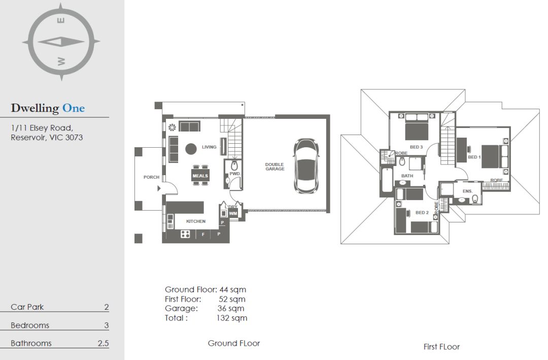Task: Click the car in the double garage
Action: click(x=306, y=166)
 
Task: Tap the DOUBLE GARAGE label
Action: click(x=275, y=167)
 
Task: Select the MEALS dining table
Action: click(x=200, y=175)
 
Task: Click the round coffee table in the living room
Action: click(x=191, y=149)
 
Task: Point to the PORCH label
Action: click(x=151, y=177)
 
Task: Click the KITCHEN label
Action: click(x=196, y=221)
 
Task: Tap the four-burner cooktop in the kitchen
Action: click(x=185, y=234)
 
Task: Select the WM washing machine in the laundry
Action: click(x=233, y=213)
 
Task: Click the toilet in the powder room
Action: click(x=234, y=166)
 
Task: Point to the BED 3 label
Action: click(x=416, y=147)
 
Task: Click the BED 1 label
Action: click(x=474, y=157)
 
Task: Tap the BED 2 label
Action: click(x=422, y=212)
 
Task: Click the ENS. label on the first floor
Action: click(x=468, y=191)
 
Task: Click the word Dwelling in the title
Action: click(x=35, y=109)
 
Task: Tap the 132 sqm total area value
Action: click(x=232, y=318)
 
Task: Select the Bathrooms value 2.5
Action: click(x=103, y=343)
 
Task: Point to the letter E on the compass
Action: click(x=60, y=20)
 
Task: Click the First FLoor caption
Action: click(x=441, y=347)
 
